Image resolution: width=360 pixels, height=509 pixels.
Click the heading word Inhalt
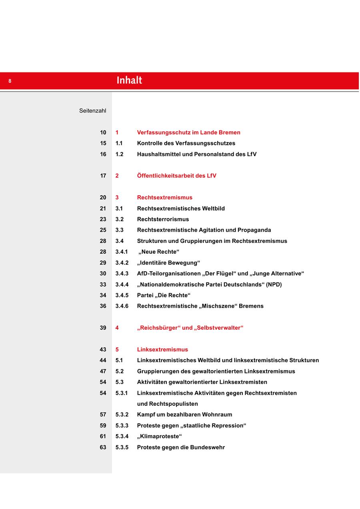tap(129, 80)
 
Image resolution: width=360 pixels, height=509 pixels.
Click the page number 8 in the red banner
tap(10, 81)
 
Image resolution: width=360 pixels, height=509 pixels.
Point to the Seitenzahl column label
tap(92, 111)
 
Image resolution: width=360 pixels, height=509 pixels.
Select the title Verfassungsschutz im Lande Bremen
tap(188, 132)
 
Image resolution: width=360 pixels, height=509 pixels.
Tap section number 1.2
tap(119, 154)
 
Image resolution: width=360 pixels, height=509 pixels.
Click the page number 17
tap(103, 176)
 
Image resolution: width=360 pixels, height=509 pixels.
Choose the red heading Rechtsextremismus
tap(164, 197)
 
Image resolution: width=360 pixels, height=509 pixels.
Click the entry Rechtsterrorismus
tap(163, 219)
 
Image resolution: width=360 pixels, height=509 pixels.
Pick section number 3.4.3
tap(122, 274)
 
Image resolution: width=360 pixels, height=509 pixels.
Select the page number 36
tap(103, 306)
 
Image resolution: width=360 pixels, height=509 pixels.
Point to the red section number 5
tap(117, 349)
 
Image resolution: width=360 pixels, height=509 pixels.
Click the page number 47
tap(103, 371)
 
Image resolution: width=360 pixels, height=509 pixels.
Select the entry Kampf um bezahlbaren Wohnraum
tap(184, 415)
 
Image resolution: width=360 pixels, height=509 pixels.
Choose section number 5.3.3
tap(122, 425)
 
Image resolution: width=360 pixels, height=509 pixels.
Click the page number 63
tap(103, 447)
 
